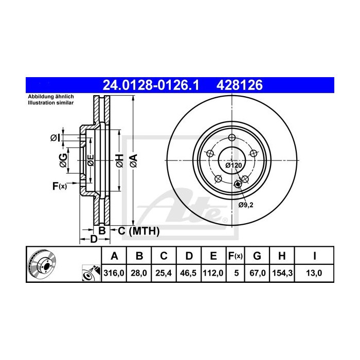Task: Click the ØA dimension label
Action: [x=133, y=160]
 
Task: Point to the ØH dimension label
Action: [x=119, y=160]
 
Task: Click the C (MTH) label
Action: [x=138, y=231]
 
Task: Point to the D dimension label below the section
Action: [x=94, y=239]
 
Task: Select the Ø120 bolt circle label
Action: [x=233, y=165]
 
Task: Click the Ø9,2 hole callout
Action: [x=246, y=204]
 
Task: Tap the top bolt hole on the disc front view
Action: [x=231, y=137]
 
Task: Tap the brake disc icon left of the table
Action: [x=42, y=265]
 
